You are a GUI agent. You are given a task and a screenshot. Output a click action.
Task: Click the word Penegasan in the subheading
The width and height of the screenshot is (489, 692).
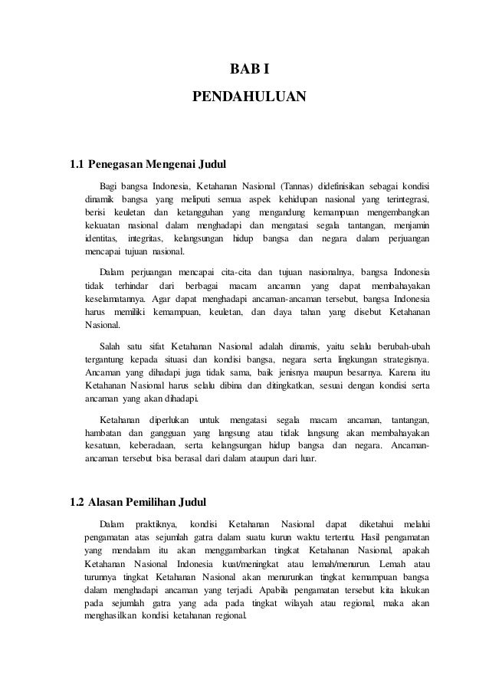[x=115, y=163]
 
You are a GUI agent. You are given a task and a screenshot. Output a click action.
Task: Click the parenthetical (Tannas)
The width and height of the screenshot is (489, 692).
[x=290, y=185]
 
